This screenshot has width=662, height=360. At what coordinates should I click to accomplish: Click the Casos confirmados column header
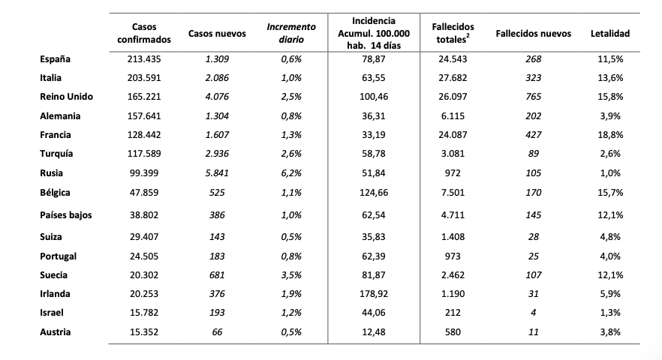(144, 33)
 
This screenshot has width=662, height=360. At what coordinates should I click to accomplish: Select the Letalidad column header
(610, 33)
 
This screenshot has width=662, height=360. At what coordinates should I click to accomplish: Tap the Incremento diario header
(291, 33)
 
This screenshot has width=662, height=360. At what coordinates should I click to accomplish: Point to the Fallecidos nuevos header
(533, 33)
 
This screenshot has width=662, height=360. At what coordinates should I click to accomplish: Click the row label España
(55, 59)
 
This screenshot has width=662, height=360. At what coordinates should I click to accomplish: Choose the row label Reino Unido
(66, 97)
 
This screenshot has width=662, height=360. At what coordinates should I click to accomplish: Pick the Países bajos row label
(66, 215)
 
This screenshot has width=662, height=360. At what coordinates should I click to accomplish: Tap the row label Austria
(56, 332)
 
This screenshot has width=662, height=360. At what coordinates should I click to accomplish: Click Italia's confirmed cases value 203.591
(144, 78)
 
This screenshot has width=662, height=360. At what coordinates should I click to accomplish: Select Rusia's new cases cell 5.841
(217, 173)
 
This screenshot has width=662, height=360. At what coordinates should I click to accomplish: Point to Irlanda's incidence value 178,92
(374, 294)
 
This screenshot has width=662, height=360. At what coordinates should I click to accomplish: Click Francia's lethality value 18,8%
(610, 135)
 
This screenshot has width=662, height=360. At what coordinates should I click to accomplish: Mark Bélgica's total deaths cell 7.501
(453, 193)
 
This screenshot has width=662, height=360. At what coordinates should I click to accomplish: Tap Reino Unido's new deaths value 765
(533, 97)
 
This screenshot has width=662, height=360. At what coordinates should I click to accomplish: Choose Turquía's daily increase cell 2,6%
(291, 154)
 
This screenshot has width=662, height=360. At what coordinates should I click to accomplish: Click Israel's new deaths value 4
(533, 313)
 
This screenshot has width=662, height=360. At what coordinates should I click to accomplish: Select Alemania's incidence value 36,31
(374, 116)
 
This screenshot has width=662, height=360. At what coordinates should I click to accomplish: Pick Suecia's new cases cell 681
(217, 275)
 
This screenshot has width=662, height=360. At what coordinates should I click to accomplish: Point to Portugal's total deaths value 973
(453, 256)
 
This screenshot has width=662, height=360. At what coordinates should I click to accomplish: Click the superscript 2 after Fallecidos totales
(468, 36)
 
